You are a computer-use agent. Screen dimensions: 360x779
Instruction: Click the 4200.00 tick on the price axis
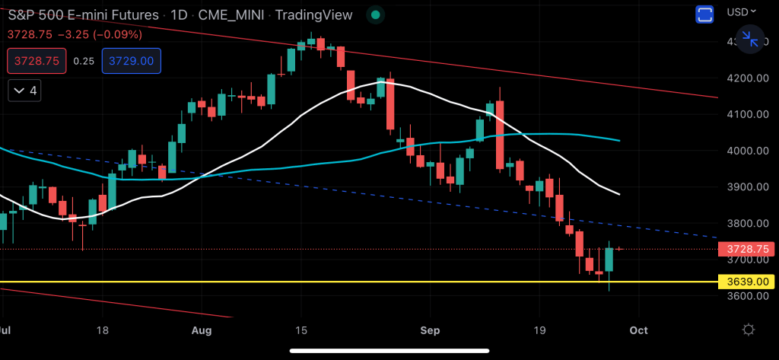click(x=746, y=78)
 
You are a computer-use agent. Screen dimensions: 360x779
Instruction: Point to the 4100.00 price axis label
click(x=746, y=114)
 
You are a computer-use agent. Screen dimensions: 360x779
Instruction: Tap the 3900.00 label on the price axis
click(x=746, y=187)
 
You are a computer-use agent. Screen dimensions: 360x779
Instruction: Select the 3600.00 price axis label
click(x=746, y=296)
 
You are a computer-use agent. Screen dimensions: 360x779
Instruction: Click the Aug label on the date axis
click(x=202, y=330)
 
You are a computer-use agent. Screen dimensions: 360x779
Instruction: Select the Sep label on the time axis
click(x=429, y=330)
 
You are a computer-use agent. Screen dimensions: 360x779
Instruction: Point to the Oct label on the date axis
click(x=638, y=330)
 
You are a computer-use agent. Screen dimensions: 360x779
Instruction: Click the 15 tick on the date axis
click(x=300, y=330)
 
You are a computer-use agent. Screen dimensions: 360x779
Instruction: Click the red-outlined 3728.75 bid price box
click(x=37, y=61)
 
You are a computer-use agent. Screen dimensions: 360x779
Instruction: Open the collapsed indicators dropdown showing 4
click(x=27, y=91)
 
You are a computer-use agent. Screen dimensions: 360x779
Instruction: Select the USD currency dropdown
click(x=742, y=11)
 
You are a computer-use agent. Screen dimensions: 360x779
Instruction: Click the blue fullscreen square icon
click(x=704, y=14)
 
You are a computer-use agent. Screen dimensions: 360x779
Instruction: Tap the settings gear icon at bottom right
click(x=749, y=330)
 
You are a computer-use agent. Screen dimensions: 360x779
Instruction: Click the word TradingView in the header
click(x=313, y=14)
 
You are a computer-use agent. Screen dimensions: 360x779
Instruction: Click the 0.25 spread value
click(x=84, y=61)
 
